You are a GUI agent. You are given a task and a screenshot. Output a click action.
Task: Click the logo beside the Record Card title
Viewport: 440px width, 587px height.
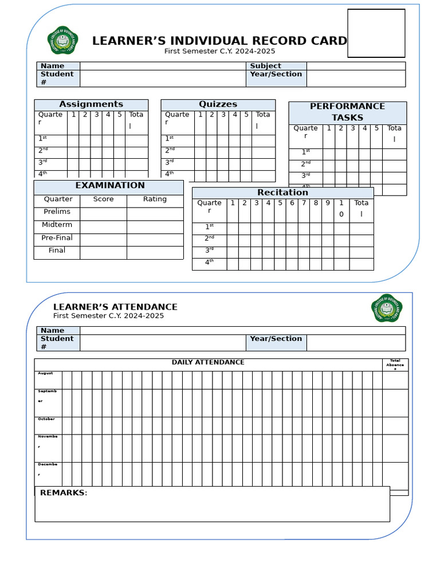click(62, 40)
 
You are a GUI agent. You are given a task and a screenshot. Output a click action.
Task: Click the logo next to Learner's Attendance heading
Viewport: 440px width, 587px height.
click(387, 308)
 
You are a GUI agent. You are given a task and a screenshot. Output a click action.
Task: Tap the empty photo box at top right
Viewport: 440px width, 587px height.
click(376, 33)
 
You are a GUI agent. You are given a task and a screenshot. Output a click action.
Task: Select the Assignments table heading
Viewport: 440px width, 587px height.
click(91, 104)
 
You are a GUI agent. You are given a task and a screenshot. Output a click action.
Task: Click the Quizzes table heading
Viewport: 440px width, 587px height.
click(218, 104)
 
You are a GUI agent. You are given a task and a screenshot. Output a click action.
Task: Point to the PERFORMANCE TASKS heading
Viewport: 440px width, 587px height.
click(347, 112)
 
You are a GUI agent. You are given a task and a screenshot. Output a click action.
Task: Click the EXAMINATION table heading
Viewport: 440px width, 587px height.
click(110, 186)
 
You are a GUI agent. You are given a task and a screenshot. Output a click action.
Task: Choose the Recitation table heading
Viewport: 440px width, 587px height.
click(282, 193)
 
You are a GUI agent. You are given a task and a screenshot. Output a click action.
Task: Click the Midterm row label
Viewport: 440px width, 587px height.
click(57, 225)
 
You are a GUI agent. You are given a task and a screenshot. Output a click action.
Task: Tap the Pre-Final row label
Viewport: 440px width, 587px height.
click(57, 238)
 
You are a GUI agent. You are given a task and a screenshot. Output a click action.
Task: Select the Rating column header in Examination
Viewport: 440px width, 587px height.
click(155, 199)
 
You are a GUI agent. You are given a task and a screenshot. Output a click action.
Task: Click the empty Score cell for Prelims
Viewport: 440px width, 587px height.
click(103, 213)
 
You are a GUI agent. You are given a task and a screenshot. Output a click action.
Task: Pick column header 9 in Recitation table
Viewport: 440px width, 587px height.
click(327, 203)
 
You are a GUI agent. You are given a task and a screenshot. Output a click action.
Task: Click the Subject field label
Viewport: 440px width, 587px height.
click(265, 66)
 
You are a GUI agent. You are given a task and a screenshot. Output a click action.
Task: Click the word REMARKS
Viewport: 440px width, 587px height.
click(63, 493)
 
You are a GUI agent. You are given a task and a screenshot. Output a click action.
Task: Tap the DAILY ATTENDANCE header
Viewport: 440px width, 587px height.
click(208, 362)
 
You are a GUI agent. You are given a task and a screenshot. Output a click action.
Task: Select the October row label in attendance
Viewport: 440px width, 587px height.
click(46, 419)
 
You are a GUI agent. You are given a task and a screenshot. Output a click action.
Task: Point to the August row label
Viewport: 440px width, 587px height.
click(45, 373)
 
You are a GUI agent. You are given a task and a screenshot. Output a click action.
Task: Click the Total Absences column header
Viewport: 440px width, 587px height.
click(395, 364)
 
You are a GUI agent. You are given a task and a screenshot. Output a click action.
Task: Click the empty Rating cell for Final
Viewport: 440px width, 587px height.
click(155, 253)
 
